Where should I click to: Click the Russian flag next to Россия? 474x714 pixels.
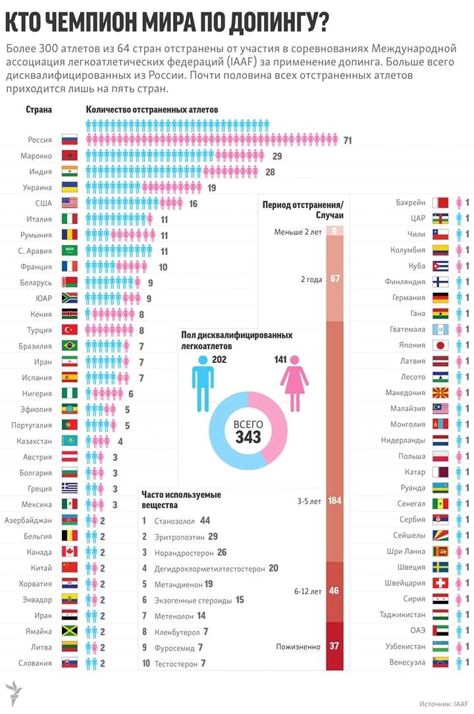click(x=69, y=140)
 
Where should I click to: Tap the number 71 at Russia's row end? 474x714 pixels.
click(x=348, y=140)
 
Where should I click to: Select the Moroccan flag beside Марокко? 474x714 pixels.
click(x=69, y=156)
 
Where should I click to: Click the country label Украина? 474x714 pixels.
click(x=38, y=188)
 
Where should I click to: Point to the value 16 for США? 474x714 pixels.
click(x=193, y=204)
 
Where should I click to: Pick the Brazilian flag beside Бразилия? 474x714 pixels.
click(x=69, y=345)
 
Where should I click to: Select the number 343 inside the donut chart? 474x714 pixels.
click(x=248, y=436)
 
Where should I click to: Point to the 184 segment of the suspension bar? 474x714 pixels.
click(x=334, y=501)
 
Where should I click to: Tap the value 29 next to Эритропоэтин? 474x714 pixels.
click(x=213, y=536)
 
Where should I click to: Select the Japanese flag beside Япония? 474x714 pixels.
click(x=440, y=345)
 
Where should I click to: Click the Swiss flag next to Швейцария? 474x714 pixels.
click(x=440, y=583)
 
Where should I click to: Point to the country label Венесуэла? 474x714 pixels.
click(x=406, y=662)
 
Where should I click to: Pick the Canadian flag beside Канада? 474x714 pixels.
click(x=69, y=551)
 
